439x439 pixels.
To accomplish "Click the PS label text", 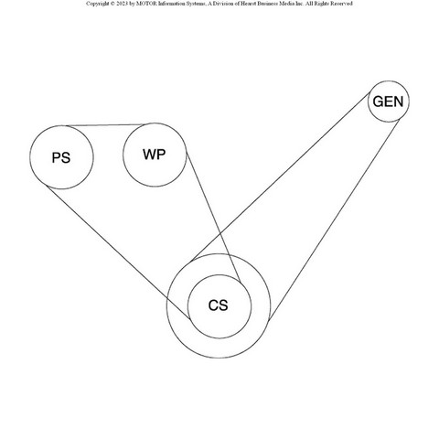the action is [61, 157].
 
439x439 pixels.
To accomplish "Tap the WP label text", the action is [155, 155].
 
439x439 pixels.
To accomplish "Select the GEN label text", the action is [388, 102].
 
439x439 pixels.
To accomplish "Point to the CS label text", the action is [218, 305].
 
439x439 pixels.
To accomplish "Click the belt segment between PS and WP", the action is [105, 125].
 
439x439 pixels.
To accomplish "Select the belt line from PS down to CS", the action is [118, 252].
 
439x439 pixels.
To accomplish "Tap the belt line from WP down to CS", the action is [214, 218].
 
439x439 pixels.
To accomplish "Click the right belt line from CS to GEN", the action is [334, 220].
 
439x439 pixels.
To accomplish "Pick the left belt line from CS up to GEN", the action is [281, 177].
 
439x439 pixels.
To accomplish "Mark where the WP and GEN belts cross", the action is [220, 234].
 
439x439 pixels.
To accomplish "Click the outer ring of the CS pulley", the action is [219, 253].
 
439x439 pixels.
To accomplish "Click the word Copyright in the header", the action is [97, 4].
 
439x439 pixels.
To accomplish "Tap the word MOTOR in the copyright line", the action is [147, 4].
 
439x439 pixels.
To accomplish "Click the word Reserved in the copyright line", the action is [341, 4].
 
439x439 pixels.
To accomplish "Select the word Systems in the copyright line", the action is [195, 4].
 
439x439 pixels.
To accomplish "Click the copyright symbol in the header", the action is [112, 4].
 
